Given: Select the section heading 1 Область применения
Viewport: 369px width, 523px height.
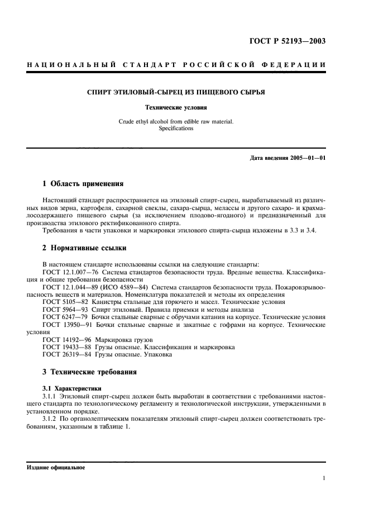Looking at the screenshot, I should pyautogui.click(x=83, y=184).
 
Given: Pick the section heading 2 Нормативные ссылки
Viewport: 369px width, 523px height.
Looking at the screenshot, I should pyautogui.click(x=84, y=248).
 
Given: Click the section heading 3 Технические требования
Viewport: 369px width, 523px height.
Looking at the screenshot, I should pyautogui.click(x=90, y=372).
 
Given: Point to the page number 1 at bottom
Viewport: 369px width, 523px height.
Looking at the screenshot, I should pyautogui.click(x=324, y=478).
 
